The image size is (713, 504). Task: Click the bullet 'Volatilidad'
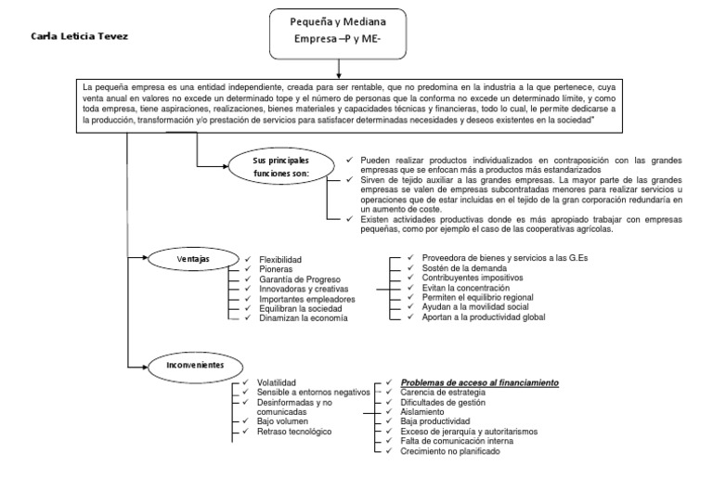click(277, 382)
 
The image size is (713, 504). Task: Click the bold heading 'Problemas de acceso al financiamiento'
click(479, 382)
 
